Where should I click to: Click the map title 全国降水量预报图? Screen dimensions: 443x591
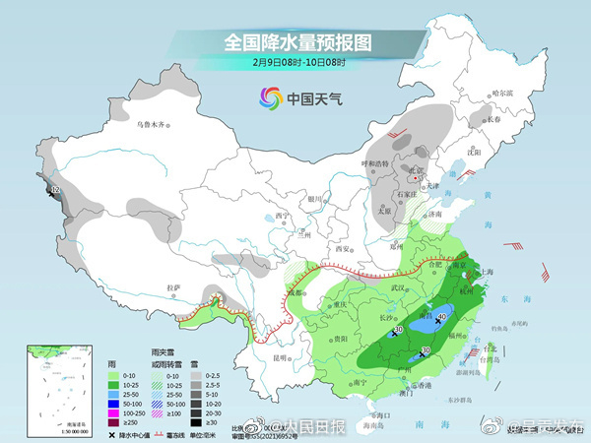[x=296, y=42]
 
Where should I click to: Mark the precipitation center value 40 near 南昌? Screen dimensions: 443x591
[x=443, y=316]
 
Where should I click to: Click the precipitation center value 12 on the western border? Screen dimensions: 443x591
[x=56, y=188]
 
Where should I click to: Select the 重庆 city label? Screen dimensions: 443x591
[x=341, y=304]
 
